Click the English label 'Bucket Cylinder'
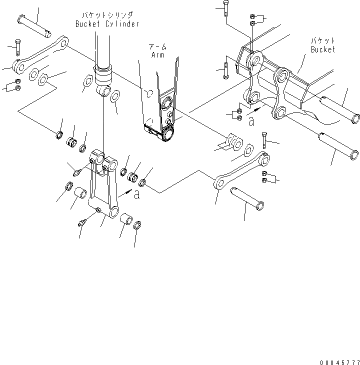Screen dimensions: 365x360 click(x=106, y=24)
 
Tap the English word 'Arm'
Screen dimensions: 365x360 click(x=158, y=54)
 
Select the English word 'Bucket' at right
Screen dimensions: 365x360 click(x=322, y=49)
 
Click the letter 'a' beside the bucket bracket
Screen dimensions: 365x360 click(x=251, y=121)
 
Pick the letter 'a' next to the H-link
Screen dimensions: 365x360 click(x=137, y=195)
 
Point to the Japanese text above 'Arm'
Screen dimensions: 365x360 click(x=159, y=46)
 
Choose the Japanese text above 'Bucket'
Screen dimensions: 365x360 click(x=323, y=41)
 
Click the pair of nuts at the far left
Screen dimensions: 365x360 click(x=18, y=85)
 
